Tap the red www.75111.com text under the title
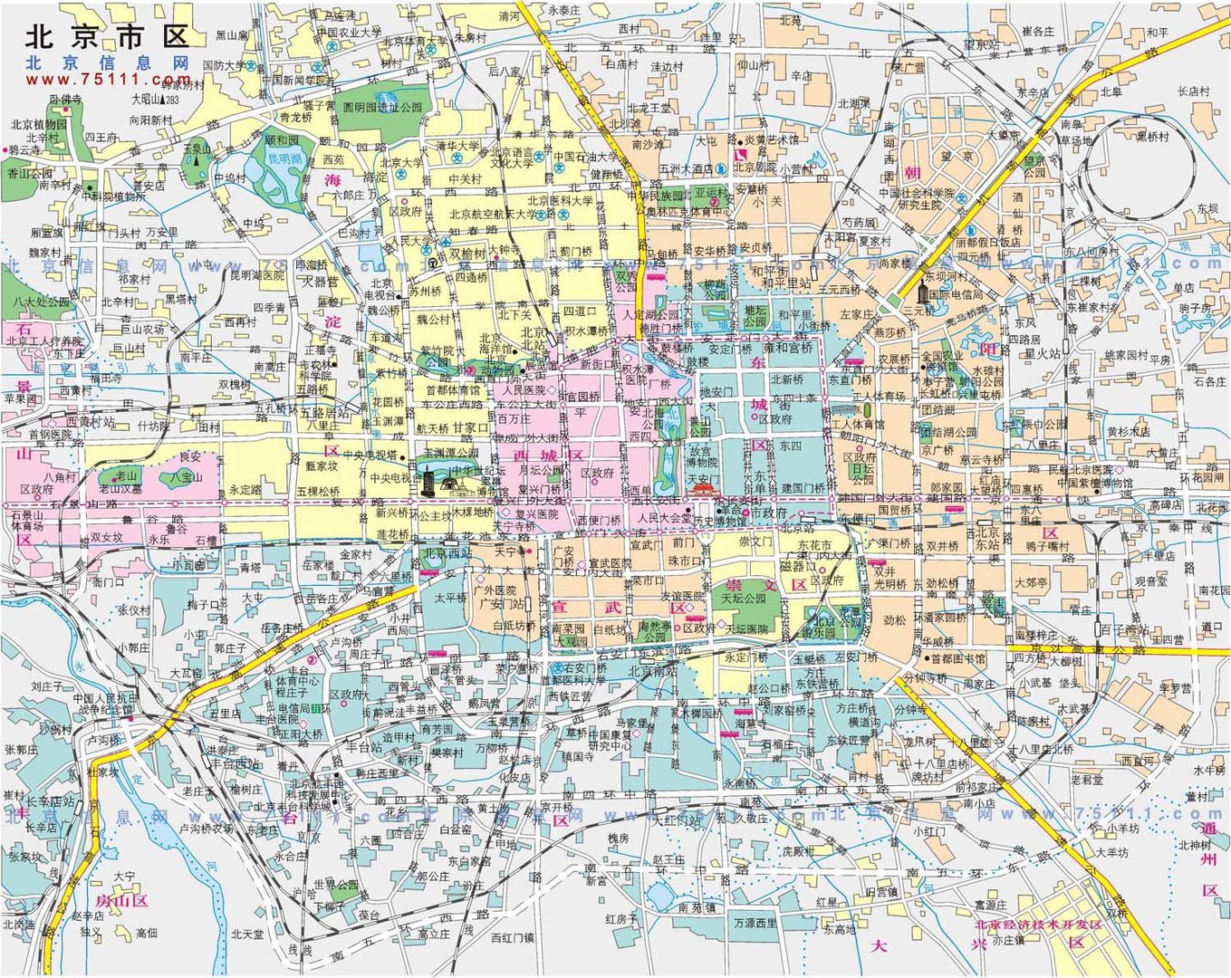[x=109, y=80]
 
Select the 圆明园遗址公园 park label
[x=382, y=107]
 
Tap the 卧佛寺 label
[x=65, y=99]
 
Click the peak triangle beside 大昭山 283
[x=162, y=100]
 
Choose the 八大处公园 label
[x=41, y=302]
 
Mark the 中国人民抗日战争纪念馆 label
[x=107, y=704]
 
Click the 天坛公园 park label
[x=743, y=599]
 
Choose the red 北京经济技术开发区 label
[x=1037, y=925]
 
